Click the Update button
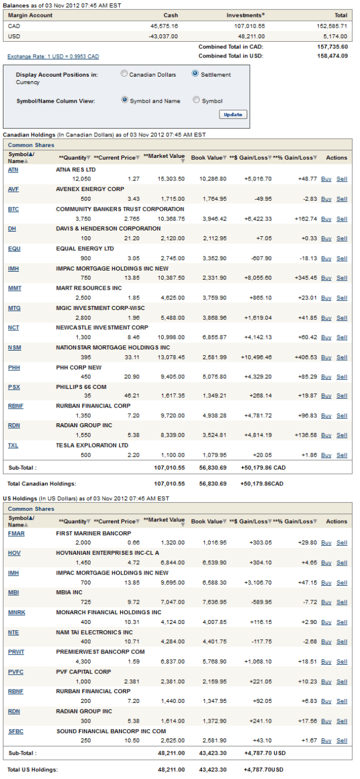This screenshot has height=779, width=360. (233, 114)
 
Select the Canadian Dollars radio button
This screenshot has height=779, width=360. (124, 74)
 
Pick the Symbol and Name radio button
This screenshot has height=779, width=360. (124, 100)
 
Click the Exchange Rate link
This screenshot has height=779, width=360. (53, 56)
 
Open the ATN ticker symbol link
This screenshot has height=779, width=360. (13, 169)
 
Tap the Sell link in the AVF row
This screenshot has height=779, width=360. (341, 199)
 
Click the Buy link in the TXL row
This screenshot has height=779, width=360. (326, 456)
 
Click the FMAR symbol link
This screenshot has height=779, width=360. (16, 533)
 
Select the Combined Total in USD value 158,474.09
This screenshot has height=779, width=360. (333, 56)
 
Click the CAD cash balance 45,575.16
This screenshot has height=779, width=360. (164, 26)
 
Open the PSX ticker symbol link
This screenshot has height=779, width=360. (14, 387)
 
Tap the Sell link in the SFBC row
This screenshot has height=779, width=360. (341, 741)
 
